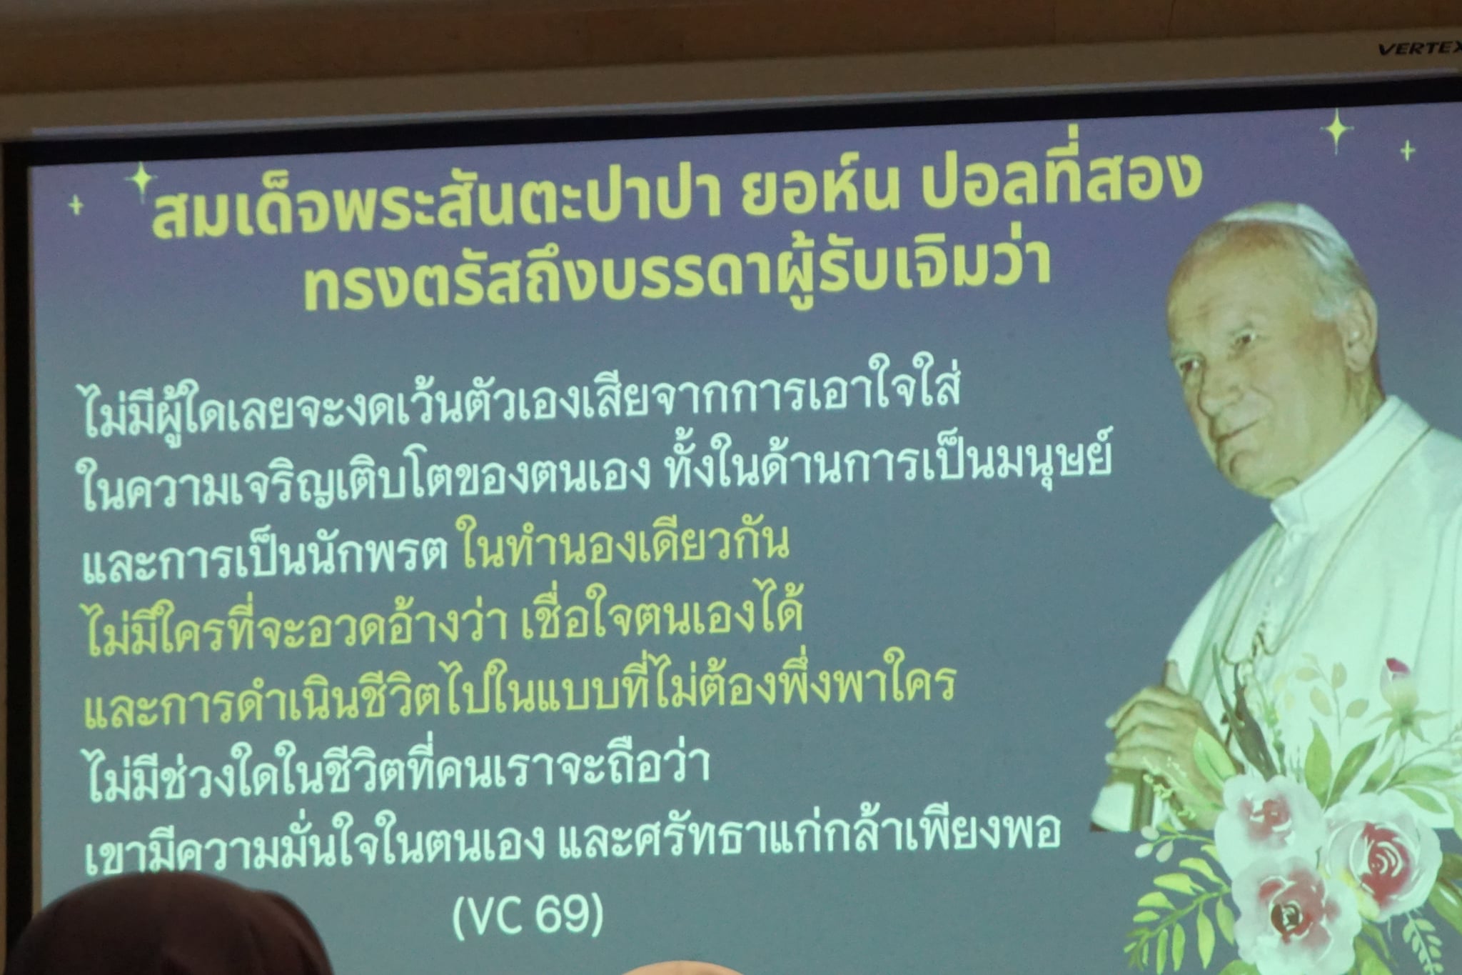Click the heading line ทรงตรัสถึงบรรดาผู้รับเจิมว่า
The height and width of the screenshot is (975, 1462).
pos(676,274)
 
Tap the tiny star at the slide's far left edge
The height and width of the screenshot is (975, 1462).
pos(75,206)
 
